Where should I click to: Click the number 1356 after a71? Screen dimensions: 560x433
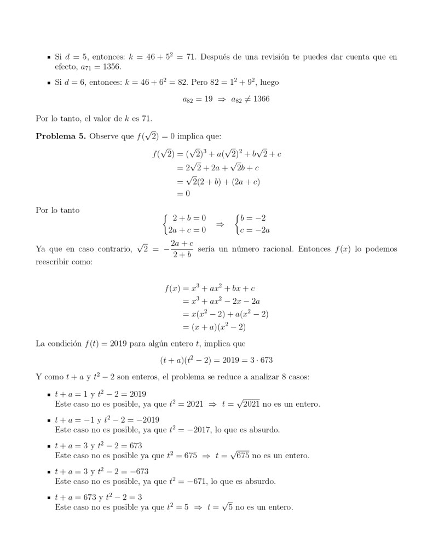click(x=109, y=66)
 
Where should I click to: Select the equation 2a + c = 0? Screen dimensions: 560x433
click(x=186, y=230)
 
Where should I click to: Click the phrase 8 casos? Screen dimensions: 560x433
click(x=282, y=377)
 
